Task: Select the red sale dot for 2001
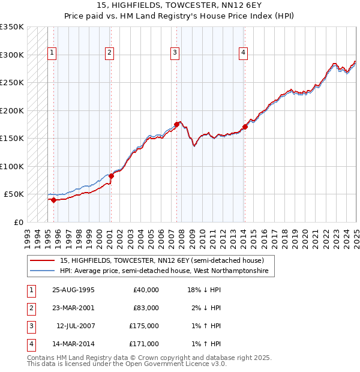(111, 176)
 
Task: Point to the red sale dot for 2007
(176, 124)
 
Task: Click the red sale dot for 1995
(53, 200)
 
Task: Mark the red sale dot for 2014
(245, 127)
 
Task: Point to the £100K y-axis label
(12, 166)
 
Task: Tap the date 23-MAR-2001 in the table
(74, 308)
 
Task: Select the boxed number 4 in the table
(30, 344)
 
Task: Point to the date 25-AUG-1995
(74, 290)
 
